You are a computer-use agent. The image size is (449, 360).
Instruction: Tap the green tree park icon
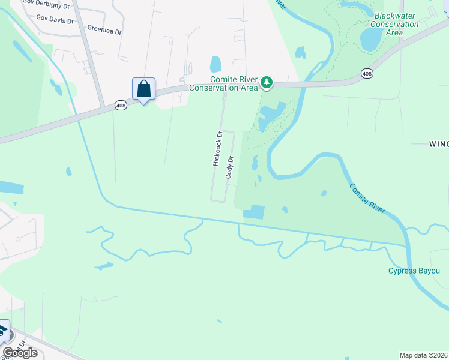point(266,82)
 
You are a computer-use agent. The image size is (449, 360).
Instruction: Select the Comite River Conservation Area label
point(224,83)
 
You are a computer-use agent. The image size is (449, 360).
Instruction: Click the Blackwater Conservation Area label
point(394,24)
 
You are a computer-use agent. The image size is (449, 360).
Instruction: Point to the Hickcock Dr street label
point(217,149)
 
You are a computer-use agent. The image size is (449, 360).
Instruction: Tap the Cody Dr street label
point(229,167)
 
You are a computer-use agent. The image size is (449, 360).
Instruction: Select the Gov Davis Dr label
point(55,20)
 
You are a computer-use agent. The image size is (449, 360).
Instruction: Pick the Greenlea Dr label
point(105,28)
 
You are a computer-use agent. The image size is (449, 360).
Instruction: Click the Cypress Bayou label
point(414,271)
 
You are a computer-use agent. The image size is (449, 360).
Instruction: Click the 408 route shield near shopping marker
point(121,106)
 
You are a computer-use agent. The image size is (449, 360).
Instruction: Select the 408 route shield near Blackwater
point(366,73)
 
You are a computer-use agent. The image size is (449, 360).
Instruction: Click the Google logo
point(20,353)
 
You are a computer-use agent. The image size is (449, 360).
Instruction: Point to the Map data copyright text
point(423,355)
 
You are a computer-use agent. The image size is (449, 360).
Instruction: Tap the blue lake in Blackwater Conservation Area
point(370,39)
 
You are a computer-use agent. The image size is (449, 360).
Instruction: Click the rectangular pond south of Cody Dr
point(254,212)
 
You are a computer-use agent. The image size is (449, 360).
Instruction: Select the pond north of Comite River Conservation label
point(215,64)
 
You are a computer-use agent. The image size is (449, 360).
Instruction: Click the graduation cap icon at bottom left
point(3,330)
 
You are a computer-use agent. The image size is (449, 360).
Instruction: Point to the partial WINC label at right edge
point(438,143)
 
